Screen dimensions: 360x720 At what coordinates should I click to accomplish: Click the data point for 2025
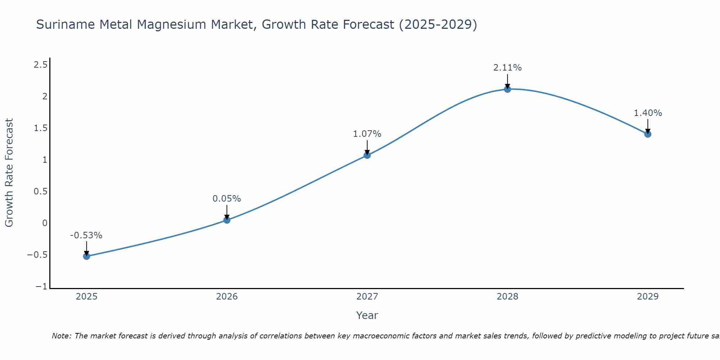(x=86, y=256)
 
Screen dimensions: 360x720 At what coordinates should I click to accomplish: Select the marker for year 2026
(x=227, y=220)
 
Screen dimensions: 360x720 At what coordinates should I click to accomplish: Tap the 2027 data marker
(x=367, y=155)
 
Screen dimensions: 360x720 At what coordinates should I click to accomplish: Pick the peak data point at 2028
(x=508, y=89)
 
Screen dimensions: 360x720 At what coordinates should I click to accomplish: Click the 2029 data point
(x=648, y=134)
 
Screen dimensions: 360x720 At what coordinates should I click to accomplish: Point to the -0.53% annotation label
(x=86, y=235)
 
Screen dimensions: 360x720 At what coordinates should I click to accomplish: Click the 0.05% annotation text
(x=226, y=199)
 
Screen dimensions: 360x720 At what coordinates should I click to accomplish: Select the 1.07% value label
(x=367, y=134)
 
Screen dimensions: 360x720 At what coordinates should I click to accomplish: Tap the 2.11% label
(x=507, y=68)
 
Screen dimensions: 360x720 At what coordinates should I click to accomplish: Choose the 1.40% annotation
(x=648, y=113)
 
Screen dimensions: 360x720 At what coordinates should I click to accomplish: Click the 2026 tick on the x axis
(x=227, y=297)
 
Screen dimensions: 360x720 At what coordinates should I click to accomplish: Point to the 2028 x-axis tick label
(x=507, y=297)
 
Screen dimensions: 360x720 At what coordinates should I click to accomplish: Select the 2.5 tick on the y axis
(x=40, y=65)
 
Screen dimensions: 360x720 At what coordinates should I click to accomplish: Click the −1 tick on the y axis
(x=41, y=287)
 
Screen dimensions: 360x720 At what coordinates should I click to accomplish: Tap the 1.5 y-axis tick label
(x=40, y=128)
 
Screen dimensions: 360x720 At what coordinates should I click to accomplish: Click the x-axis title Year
(x=367, y=315)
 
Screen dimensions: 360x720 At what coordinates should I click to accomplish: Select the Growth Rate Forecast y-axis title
(x=9, y=173)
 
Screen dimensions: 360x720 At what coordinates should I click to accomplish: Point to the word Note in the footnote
(x=61, y=336)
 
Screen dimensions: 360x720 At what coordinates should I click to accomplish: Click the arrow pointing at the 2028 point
(x=508, y=81)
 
